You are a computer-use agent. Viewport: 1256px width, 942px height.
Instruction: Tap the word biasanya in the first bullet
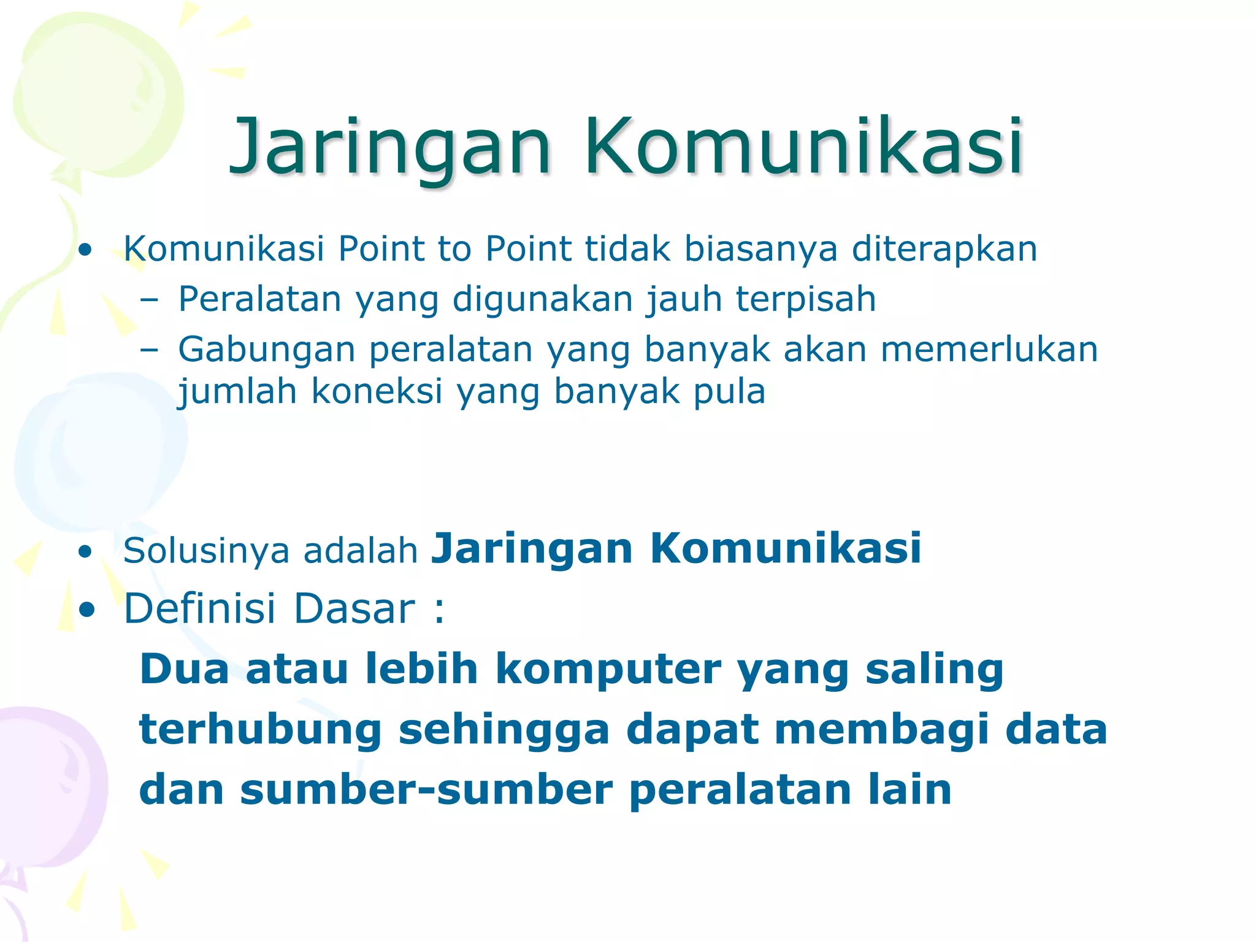[x=760, y=249]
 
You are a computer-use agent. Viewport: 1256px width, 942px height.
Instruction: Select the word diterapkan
[x=944, y=249]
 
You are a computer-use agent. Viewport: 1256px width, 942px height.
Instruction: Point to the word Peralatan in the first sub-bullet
[x=259, y=299]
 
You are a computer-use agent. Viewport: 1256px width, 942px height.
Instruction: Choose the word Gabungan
[x=267, y=350]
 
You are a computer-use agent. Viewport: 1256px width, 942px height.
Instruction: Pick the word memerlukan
[x=989, y=350]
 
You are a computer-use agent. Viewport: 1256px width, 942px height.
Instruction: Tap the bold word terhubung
[x=261, y=730]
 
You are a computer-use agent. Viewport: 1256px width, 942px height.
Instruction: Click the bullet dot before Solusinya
[x=85, y=552]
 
